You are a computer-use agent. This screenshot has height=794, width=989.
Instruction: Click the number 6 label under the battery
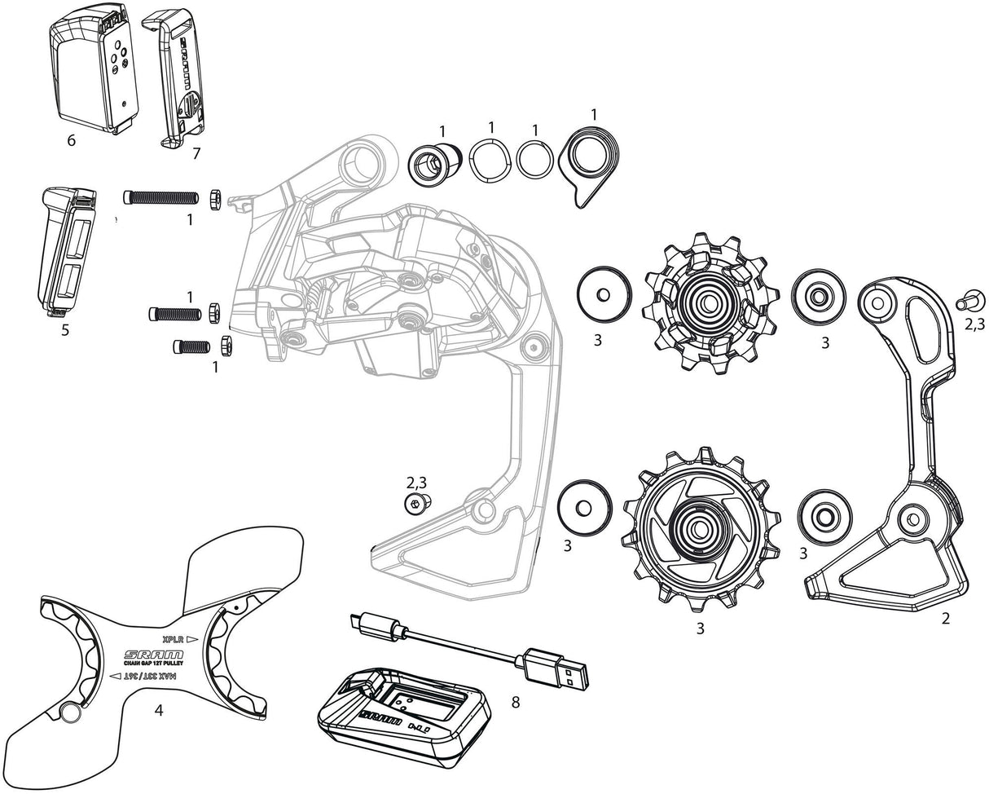(x=72, y=141)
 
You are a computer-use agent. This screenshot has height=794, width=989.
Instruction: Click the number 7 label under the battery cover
(x=196, y=152)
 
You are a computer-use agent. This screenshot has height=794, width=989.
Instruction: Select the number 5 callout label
(x=65, y=330)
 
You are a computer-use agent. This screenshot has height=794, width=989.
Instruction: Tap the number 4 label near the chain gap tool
(x=159, y=710)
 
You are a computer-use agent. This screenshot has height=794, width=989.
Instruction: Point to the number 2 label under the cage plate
(x=945, y=618)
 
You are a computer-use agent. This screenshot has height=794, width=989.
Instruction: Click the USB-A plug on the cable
(x=559, y=666)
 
